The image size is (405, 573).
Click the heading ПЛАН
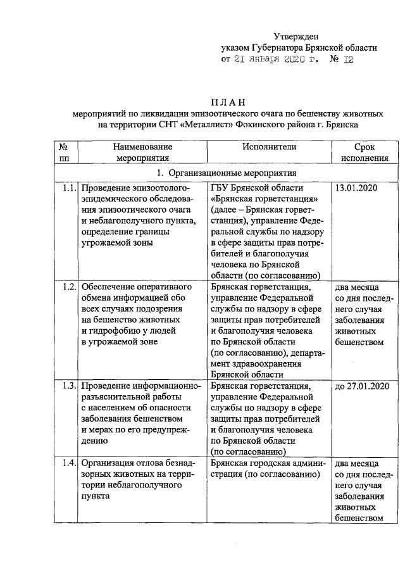click(227, 103)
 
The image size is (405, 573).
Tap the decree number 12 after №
click(347, 60)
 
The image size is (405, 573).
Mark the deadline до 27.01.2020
click(361, 386)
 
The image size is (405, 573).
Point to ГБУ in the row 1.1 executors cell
click(221, 189)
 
